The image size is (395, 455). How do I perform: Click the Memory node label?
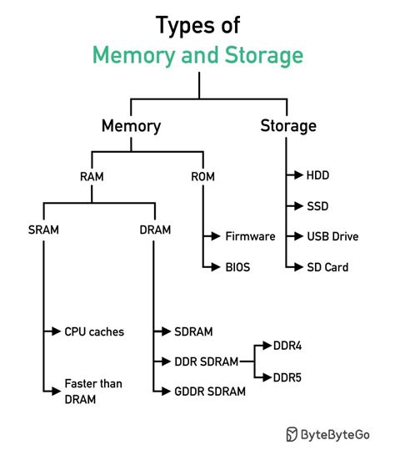(x=131, y=126)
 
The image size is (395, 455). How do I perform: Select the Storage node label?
(x=288, y=126)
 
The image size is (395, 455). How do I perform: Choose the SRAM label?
(x=42, y=229)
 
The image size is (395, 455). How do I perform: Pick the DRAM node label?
(x=155, y=229)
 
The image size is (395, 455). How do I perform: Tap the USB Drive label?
(x=333, y=236)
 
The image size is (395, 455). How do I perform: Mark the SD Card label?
(x=327, y=267)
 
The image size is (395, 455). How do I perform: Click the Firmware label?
(x=250, y=236)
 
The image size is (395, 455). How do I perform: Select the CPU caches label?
(x=94, y=331)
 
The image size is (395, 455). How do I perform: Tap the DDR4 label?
(x=287, y=344)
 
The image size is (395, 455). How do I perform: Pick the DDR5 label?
(x=287, y=377)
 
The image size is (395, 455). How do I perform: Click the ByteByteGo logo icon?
(x=292, y=433)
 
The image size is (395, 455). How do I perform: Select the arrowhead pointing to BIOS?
(x=218, y=267)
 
